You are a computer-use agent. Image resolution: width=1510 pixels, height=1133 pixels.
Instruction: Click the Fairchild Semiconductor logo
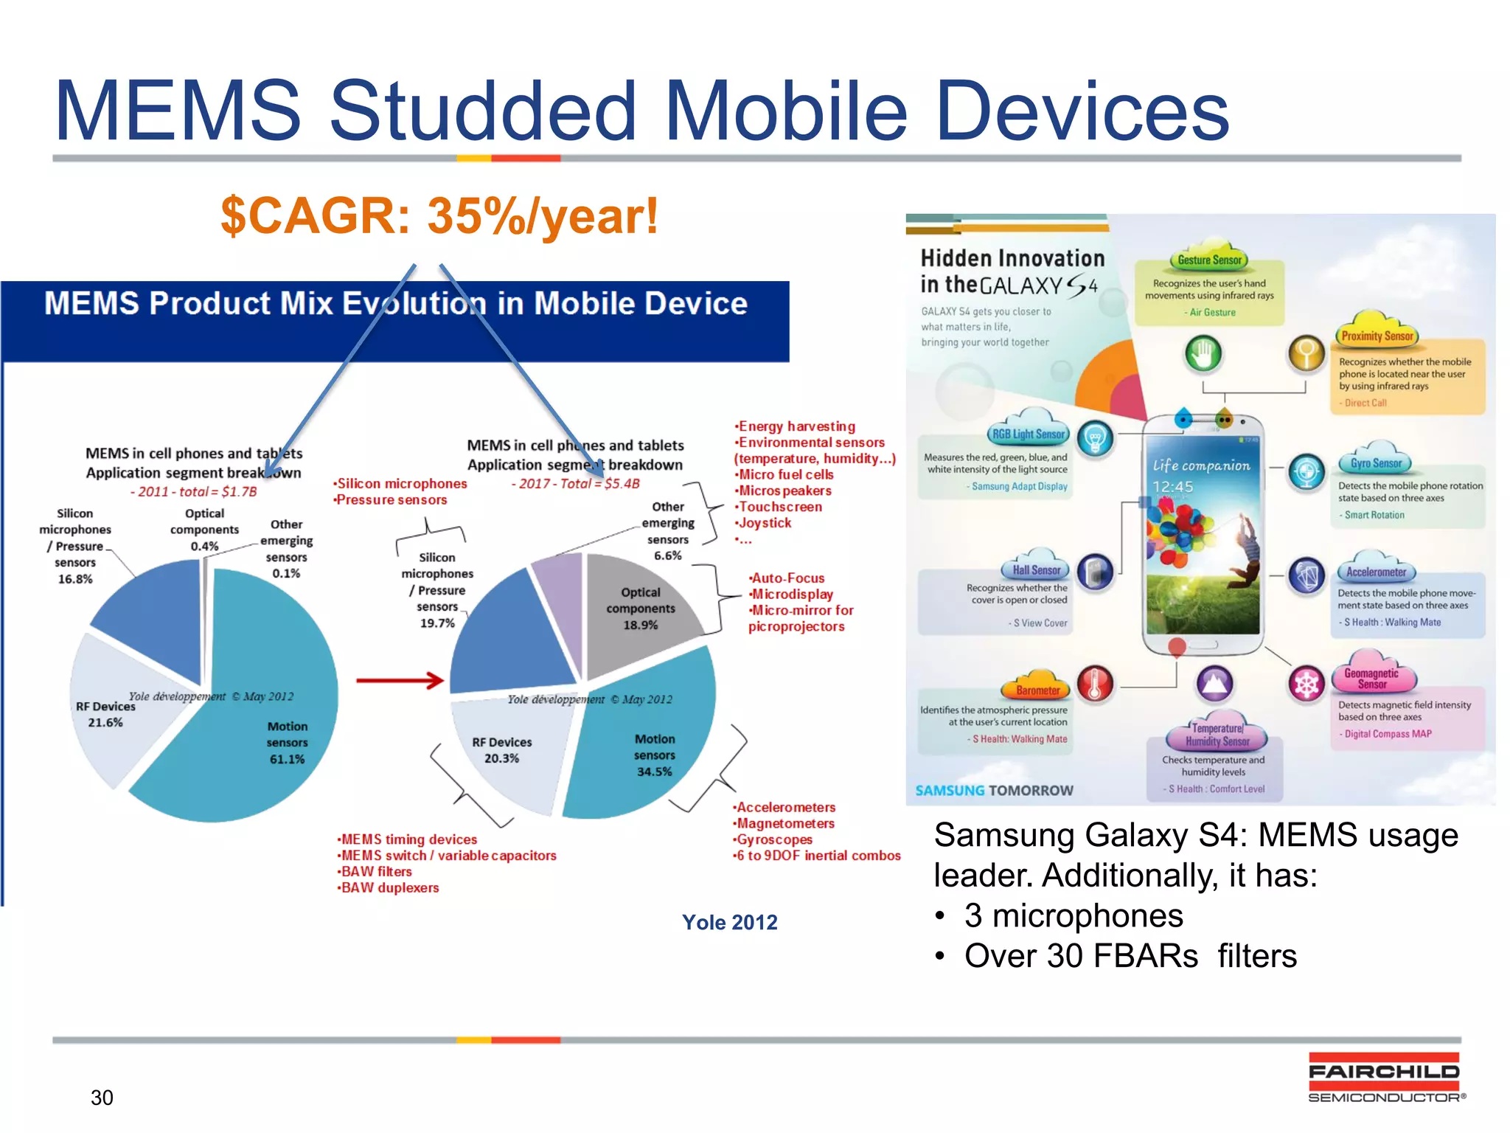point(1385,1078)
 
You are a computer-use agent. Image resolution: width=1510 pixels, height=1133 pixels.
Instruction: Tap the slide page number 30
point(102,1098)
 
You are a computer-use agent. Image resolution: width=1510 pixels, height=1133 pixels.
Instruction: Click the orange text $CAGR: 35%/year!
point(439,216)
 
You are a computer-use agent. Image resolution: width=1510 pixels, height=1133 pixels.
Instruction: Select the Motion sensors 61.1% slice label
point(287,743)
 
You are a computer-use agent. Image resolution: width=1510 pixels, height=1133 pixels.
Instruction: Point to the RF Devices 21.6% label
point(105,714)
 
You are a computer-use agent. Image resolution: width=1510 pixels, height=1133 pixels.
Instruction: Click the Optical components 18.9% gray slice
point(641,609)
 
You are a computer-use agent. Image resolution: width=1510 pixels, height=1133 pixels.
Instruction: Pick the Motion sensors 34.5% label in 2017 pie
point(654,755)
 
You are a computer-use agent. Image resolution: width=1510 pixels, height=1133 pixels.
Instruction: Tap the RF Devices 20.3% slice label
point(501,750)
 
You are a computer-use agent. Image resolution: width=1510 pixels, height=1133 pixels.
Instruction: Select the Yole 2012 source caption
point(729,923)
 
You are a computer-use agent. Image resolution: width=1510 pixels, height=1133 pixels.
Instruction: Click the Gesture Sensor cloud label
point(1209,260)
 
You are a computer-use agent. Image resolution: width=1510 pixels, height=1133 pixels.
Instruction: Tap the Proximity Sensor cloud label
point(1377,336)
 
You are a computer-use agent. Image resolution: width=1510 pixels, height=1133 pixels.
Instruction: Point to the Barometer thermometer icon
point(1094,684)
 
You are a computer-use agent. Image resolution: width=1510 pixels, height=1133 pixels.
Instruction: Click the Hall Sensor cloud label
point(1036,570)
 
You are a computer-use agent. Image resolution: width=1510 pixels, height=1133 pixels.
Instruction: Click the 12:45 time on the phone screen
point(1172,487)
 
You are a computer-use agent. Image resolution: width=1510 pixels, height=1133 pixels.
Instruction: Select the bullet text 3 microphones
point(1073,916)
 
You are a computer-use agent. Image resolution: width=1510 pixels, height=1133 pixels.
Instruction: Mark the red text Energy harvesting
point(796,426)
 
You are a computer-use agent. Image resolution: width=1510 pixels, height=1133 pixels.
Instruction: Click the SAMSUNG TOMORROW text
point(994,791)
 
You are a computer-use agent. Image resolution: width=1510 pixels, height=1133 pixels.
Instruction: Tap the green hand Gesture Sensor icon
point(1203,354)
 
